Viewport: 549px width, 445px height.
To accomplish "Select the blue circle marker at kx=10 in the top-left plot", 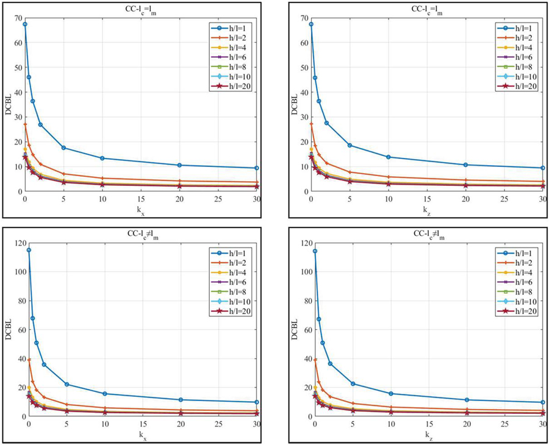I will tap(102, 158).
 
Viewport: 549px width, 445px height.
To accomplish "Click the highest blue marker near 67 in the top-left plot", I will tap(25, 24).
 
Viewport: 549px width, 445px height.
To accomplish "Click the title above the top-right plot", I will tap(427, 7).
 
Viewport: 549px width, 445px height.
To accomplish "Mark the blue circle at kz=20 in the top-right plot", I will tap(466, 165).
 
